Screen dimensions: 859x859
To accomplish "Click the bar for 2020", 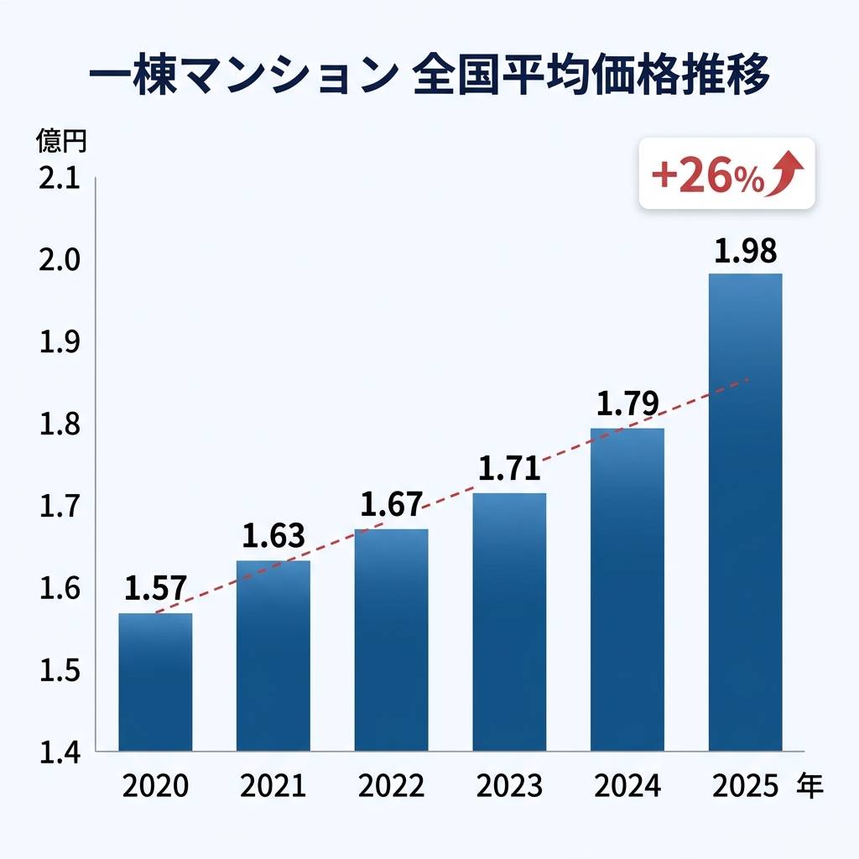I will click(x=155, y=681).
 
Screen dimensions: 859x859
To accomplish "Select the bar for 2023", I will click(x=509, y=621).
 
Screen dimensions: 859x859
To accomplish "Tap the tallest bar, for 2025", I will click(x=745, y=512).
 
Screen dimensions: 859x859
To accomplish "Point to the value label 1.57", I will click(x=155, y=589).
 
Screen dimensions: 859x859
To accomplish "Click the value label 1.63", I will click(x=273, y=535).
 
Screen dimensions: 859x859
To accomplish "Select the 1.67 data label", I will click(x=391, y=505).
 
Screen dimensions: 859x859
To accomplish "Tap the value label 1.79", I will click(x=627, y=404).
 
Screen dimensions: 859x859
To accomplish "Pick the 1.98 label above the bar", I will click(x=745, y=251).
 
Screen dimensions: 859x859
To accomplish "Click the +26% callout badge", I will click(x=726, y=174).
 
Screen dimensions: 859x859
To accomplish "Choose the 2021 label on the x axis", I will click(x=273, y=787).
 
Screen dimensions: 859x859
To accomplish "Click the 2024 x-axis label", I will click(x=627, y=787).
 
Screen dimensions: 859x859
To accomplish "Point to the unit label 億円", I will click(x=60, y=141).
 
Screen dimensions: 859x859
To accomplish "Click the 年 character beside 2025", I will click(x=810, y=786).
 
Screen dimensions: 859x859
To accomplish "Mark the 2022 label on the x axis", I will click(x=391, y=787).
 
